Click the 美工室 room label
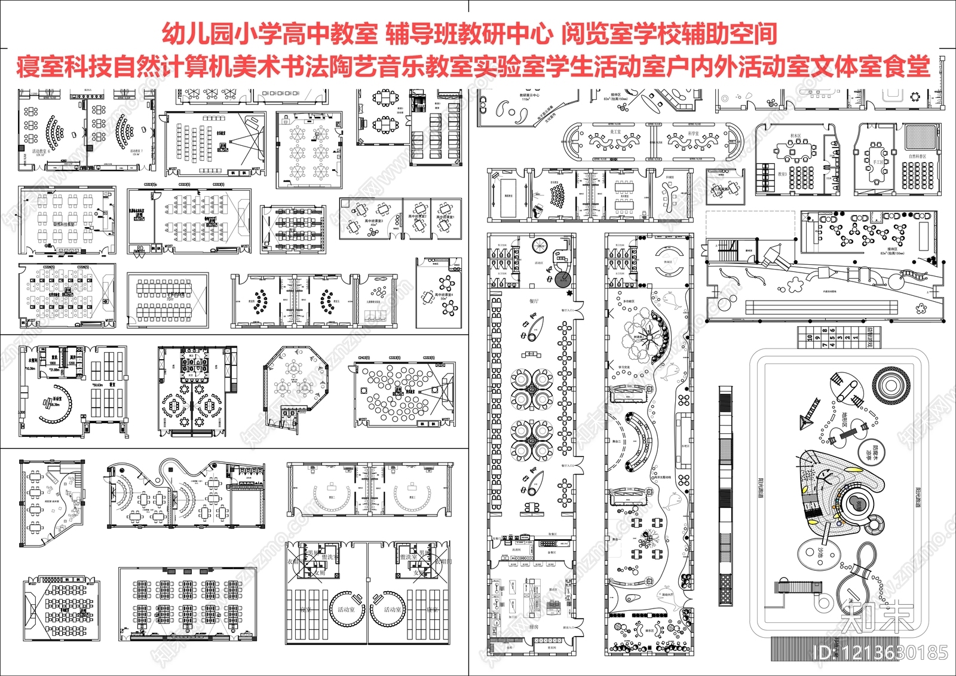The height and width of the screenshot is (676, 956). coord(615,132)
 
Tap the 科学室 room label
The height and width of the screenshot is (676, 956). coord(693,133)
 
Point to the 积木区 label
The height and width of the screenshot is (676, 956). coord(795,136)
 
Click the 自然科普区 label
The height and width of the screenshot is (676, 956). coord(917,157)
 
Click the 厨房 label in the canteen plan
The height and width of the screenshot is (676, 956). coord(534,627)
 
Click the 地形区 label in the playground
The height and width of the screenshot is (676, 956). coord(844,419)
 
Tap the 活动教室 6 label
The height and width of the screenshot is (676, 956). coord(41,152)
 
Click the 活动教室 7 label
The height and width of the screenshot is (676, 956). coord(137,152)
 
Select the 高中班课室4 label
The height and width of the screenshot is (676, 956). coord(444,296)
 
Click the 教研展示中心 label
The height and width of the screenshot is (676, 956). coord(529,96)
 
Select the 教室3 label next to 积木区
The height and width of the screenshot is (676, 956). coord(782,175)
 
